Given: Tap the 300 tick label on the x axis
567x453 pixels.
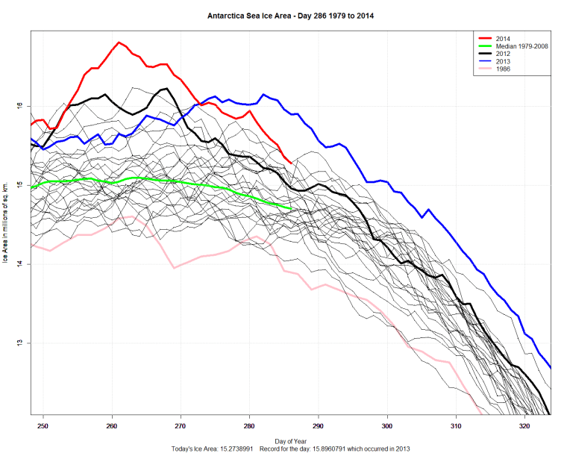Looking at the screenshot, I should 387,425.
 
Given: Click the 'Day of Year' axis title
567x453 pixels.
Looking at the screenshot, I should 289,441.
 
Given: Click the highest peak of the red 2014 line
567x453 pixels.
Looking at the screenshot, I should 119,43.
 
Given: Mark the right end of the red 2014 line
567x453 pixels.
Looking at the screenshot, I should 290,162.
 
